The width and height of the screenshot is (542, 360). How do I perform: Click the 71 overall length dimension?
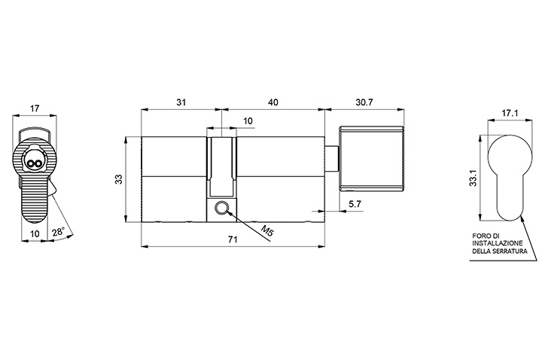coord(233,239)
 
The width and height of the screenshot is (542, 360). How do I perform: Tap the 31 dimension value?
coord(181,102)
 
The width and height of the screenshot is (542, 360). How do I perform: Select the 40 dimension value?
coord(273,102)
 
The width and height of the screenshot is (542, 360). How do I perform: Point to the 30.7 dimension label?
coord(364,102)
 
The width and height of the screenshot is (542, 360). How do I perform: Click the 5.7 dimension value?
coord(355,204)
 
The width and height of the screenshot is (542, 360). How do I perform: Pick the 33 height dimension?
coord(119,179)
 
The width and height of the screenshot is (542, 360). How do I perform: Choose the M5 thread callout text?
coord(266,230)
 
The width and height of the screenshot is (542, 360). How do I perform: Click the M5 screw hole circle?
coord(221,208)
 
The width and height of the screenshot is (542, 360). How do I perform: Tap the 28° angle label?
coord(59,232)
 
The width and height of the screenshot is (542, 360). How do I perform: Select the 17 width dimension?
coord(34,108)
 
